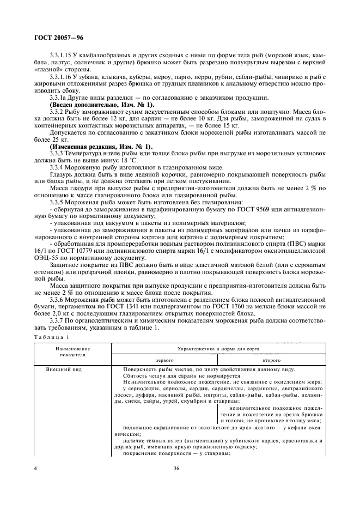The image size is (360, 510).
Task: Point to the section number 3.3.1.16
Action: [x=62, y=78]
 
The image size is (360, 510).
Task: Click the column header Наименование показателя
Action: [x=72, y=350]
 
